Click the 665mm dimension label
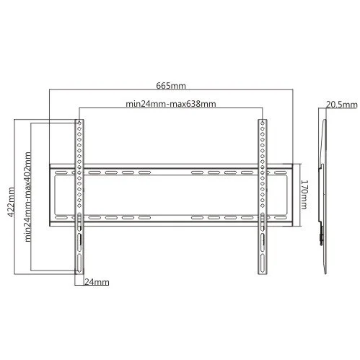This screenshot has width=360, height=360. click(x=171, y=86)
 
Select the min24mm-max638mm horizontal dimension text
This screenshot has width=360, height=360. click(x=171, y=104)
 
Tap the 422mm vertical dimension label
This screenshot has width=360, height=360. click(x=11, y=202)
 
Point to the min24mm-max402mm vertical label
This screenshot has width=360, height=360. click(x=28, y=197)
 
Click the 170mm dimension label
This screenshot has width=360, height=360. click(x=304, y=195)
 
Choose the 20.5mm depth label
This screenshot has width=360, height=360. click(x=342, y=105)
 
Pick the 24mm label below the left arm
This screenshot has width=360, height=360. click(x=97, y=282)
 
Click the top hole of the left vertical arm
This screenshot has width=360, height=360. click(x=79, y=123)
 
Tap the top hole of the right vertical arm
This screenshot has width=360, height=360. click(x=263, y=123)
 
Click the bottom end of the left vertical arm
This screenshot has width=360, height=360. click(x=79, y=273)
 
